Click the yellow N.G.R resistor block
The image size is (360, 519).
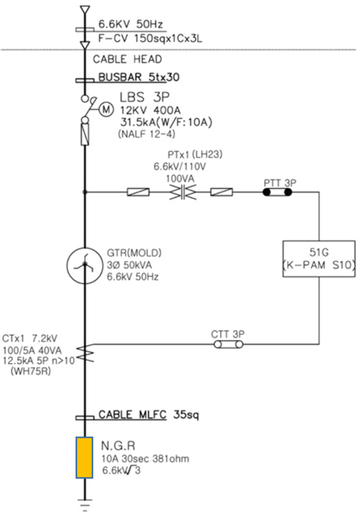pyautogui.click(x=84, y=457)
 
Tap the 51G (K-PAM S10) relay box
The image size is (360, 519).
pyautogui.click(x=319, y=259)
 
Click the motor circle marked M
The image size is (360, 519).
pyautogui.click(x=106, y=109)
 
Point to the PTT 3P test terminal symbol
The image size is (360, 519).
pyautogui.click(x=277, y=192)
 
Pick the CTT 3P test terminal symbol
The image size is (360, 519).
pyautogui.click(x=228, y=344)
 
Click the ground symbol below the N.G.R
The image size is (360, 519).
pyautogui.click(x=85, y=505)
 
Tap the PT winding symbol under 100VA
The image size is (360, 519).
pyautogui.click(x=183, y=192)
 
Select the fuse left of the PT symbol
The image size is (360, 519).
pyautogui.click(x=138, y=192)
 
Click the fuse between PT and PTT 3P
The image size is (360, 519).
pyautogui.click(x=222, y=192)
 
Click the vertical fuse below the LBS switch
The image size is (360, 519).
pyautogui.click(x=85, y=134)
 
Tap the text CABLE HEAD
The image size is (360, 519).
pyautogui.click(x=127, y=59)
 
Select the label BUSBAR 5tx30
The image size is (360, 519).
pyautogui.click(x=139, y=77)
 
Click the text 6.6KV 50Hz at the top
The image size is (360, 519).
pyautogui.click(x=131, y=24)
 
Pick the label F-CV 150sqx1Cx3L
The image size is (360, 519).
pyautogui.click(x=150, y=38)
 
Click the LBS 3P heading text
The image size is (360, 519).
pyautogui.click(x=144, y=97)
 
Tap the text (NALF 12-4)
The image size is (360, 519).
pyautogui.click(x=146, y=134)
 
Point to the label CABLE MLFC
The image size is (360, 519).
pyautogui.click(x=132, y=414)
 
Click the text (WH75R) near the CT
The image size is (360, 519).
pyautogui.click(x=31, y=371)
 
